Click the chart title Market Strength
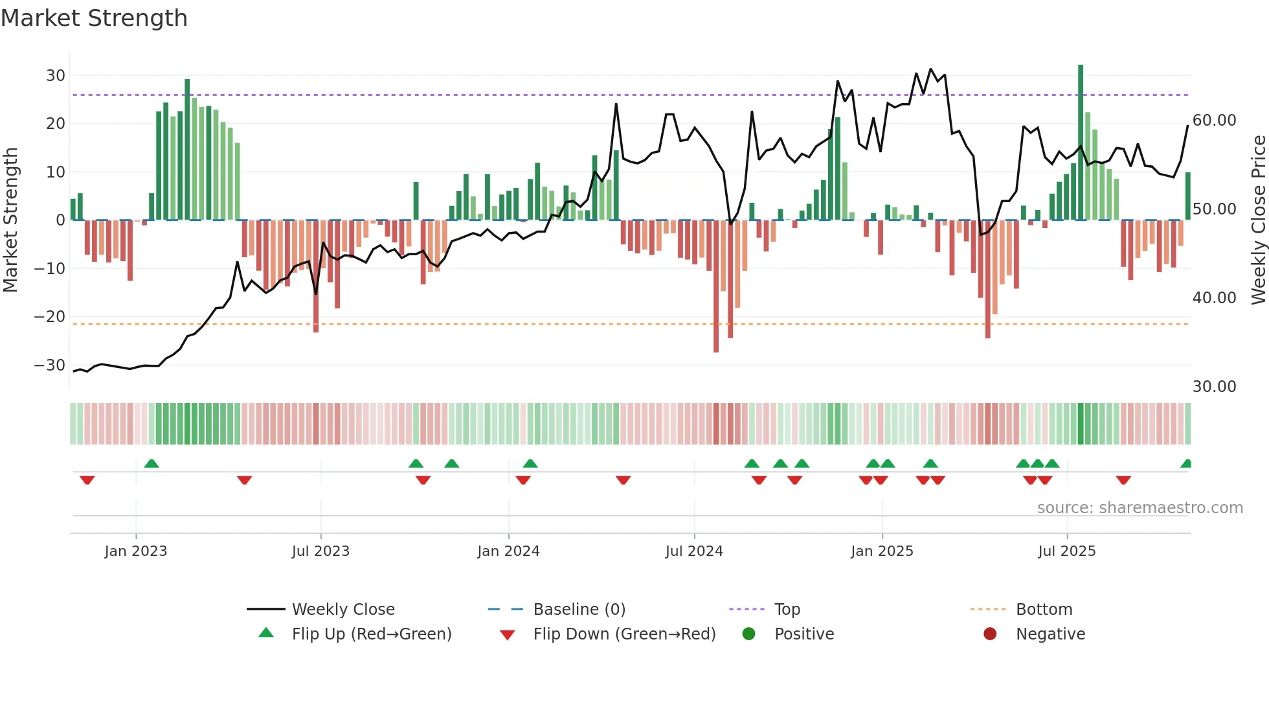tap(94, 18)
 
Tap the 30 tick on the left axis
tap(56, 76)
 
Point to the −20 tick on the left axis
tap(50, 317)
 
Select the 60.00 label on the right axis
tap(1214, 121)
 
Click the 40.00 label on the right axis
tap(1214, 298)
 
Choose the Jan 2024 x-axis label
tap(508, 551)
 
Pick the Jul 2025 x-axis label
tap(1066, 551)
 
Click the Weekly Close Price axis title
tap(1258, 220)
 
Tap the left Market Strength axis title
tap(10, 220)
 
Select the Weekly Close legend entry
tap(343, 610)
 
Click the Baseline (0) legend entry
tap(579, 610)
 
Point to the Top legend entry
tap(787, 610)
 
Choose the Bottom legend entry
tap(1044, 610)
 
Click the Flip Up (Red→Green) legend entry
tap(371, 634)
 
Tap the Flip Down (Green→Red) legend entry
tap(624, 634)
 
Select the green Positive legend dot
tap(749, 634)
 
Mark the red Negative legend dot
tap(990, 634)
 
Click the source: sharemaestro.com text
tap(1140, 508)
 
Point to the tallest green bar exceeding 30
tap(1081, 143)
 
